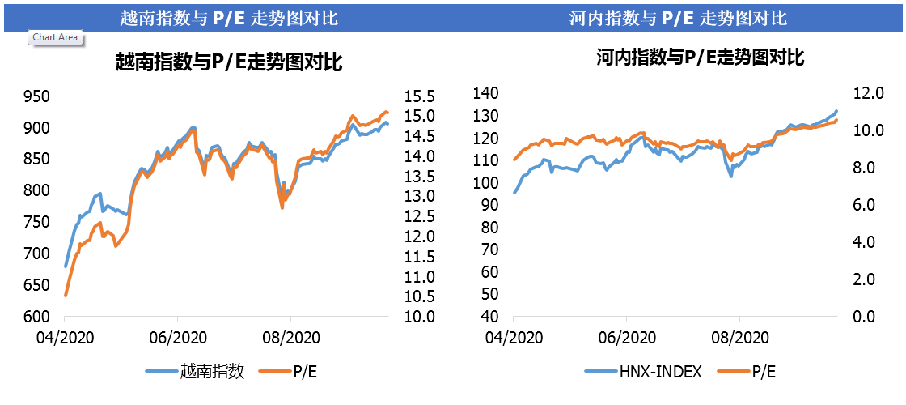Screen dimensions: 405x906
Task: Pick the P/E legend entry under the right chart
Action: coord(764,371)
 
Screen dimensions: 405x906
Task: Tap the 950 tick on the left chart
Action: coord(39,97)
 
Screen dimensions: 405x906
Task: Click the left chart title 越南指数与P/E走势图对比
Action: coord(230,62)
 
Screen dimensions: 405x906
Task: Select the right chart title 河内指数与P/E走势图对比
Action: coord(701,58)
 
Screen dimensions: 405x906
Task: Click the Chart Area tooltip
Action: coord(56,37)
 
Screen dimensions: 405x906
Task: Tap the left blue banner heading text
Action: coord(229,17)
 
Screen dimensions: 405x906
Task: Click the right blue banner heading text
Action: coord(678,17)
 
